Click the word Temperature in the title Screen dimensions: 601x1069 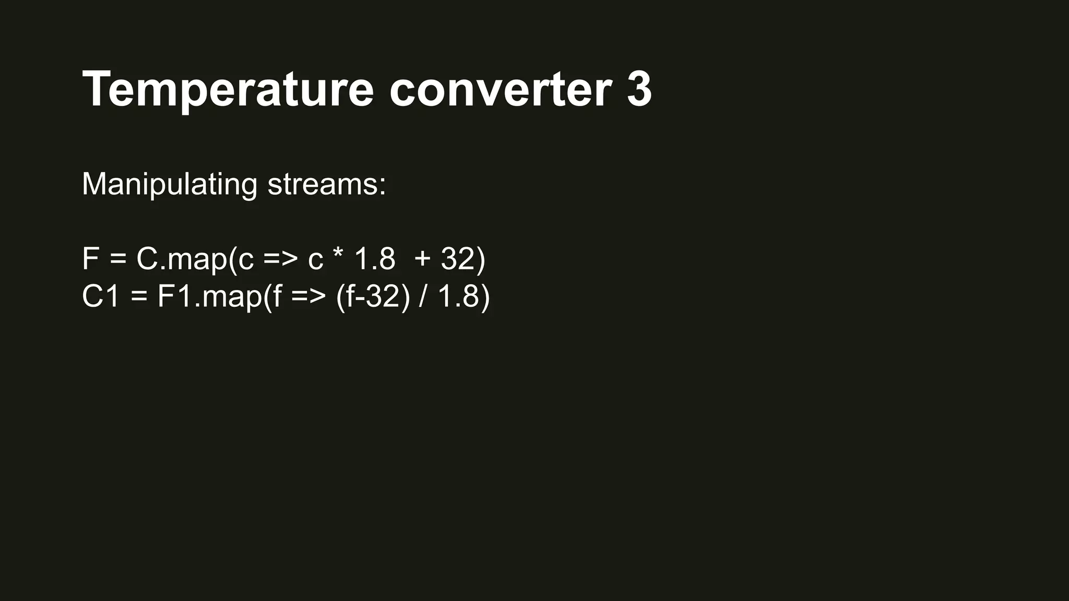(228, 90)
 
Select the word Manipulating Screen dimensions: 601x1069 (169, 185)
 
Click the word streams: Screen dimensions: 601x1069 (327, 185)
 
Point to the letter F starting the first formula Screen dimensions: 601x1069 (90, 259)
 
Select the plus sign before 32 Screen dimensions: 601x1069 (423, 259)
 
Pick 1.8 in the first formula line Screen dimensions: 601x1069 (375, 259)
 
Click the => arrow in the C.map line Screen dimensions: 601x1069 (280, 259)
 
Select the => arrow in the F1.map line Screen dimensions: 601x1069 (308, 297)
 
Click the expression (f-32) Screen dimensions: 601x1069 (373, 297)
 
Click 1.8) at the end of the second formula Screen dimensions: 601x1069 (464, 297)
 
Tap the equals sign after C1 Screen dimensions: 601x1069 (139, 297)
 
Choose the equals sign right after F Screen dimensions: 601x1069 (118, 259)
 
